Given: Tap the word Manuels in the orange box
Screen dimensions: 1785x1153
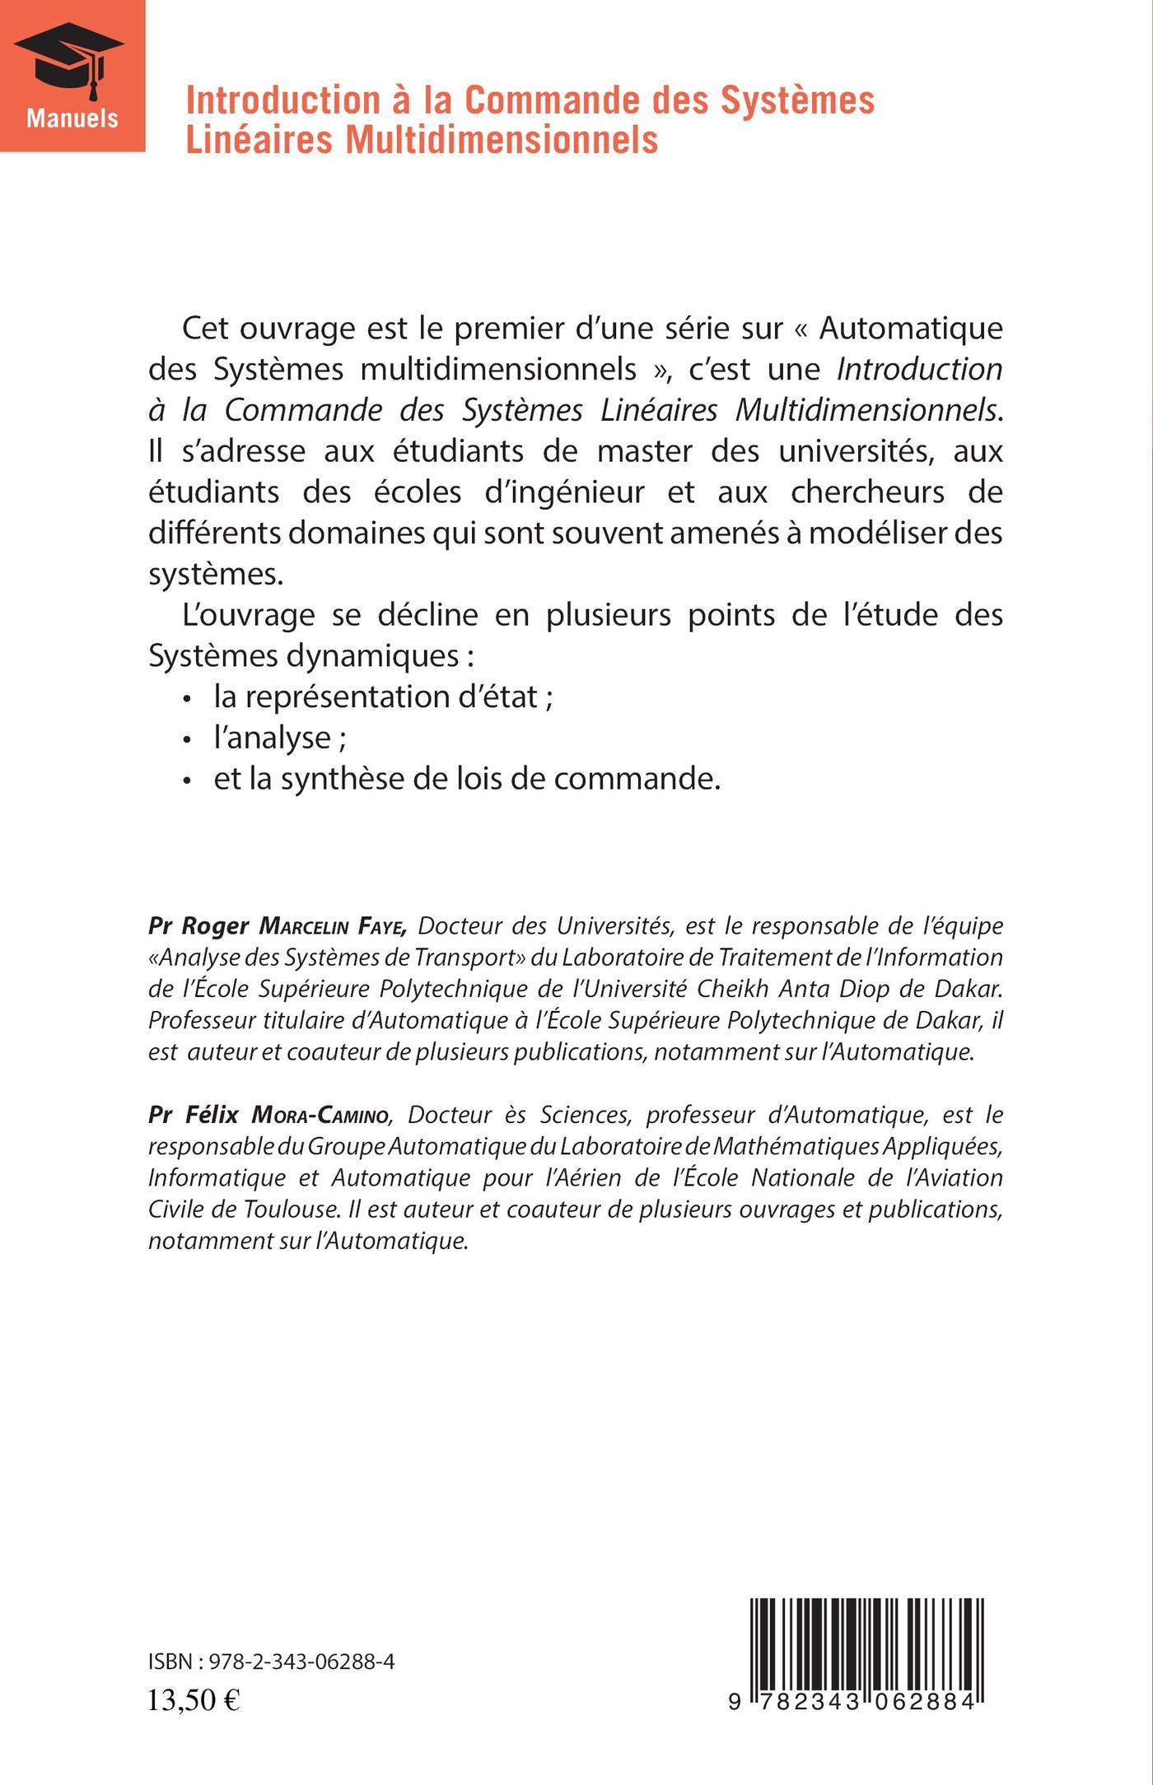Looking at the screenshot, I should tap(72, 118).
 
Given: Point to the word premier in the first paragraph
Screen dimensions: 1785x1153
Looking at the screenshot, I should tap(503, 328).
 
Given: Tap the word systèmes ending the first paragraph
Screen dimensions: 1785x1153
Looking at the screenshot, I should tap(216, 574).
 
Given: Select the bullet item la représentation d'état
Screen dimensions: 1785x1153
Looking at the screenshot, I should tap(383, 697).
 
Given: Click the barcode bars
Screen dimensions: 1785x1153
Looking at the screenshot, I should tap(868, 1641).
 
